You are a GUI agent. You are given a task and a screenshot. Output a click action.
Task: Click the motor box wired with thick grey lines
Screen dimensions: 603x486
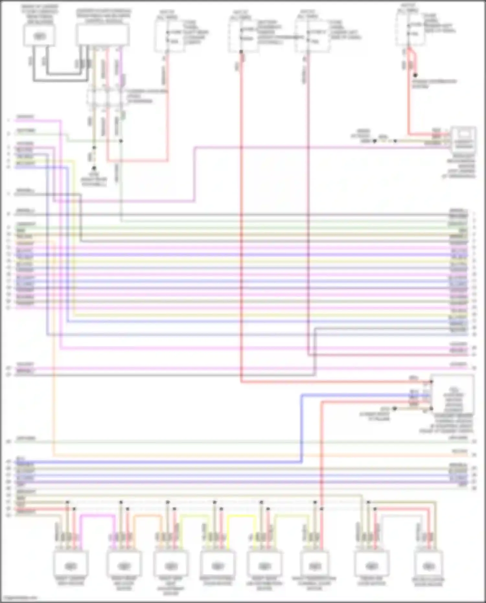pos(39,35)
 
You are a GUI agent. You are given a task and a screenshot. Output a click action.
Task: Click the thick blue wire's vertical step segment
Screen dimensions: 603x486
pos(302,428)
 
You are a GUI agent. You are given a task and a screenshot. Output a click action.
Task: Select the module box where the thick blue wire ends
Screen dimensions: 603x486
pos(453,395)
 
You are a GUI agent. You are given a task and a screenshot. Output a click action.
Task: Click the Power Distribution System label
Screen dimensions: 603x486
pos(434,84)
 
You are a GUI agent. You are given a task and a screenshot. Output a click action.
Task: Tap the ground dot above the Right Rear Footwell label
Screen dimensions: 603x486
pos(94,168)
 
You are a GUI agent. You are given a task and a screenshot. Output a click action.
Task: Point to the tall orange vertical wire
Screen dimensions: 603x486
pos(54,350)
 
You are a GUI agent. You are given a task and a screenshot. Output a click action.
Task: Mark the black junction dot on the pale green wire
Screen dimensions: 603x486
pos(121,141)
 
